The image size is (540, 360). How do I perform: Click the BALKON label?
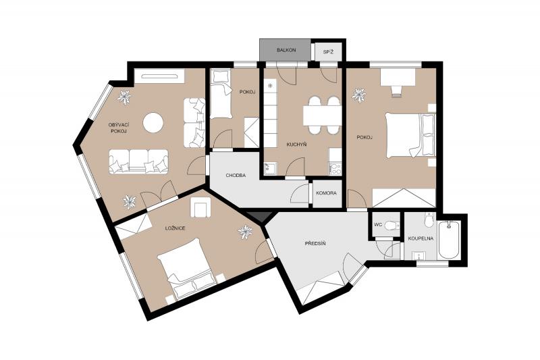[286, 50]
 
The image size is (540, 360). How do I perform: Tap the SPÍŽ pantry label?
[328, 53]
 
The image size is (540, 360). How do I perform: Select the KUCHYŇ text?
[296, 145]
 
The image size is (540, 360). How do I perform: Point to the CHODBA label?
[236, 176]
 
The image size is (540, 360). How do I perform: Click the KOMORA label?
[326, 193]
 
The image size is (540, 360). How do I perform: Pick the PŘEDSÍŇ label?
[315, 244]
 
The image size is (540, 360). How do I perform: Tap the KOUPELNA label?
[421, 238]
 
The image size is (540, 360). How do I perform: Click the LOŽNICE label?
[175, 228]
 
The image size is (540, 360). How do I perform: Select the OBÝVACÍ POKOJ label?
[118, 128]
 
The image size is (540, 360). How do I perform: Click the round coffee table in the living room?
[153, 123]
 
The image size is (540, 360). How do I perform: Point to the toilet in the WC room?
[392, 226]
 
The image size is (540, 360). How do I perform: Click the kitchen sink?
[270, 169]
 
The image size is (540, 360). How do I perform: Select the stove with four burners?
[335, 168]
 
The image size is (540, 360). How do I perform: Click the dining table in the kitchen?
[322, 115]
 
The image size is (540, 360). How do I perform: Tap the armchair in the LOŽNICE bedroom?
[200, 208]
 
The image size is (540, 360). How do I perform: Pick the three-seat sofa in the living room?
[138, 161]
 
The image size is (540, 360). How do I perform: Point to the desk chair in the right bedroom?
[397, 91]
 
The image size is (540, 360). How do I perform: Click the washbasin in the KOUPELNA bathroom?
[418, 255]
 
